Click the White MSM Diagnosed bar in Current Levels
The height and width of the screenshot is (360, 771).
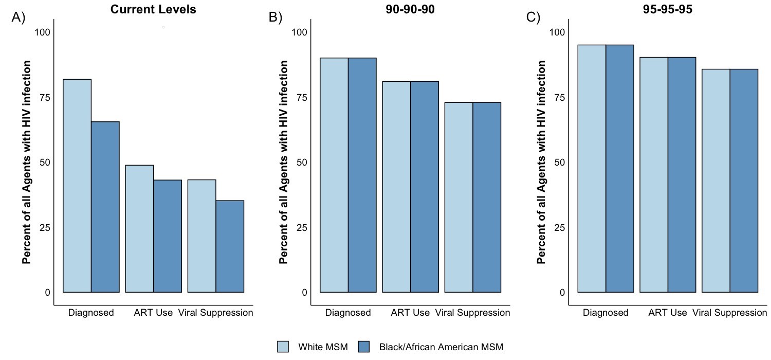click(77, 185)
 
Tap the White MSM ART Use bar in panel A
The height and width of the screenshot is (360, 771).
click(139, 228)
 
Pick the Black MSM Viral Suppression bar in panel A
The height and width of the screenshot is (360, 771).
click(230, 246)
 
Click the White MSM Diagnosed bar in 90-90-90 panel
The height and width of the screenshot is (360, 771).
click(335, 175)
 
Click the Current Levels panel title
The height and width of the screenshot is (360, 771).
click(153, 10)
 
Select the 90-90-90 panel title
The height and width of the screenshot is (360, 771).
click(410, 10)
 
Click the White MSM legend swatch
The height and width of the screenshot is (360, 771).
click(283, 347)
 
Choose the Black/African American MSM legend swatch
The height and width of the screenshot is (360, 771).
click(363, 347)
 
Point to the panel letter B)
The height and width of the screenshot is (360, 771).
click(276, 17)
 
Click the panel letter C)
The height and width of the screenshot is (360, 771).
click(534, 17)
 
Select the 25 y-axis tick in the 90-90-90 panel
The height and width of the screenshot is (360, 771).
click(301, 227)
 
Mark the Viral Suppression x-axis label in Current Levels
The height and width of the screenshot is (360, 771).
click(215, 312)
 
